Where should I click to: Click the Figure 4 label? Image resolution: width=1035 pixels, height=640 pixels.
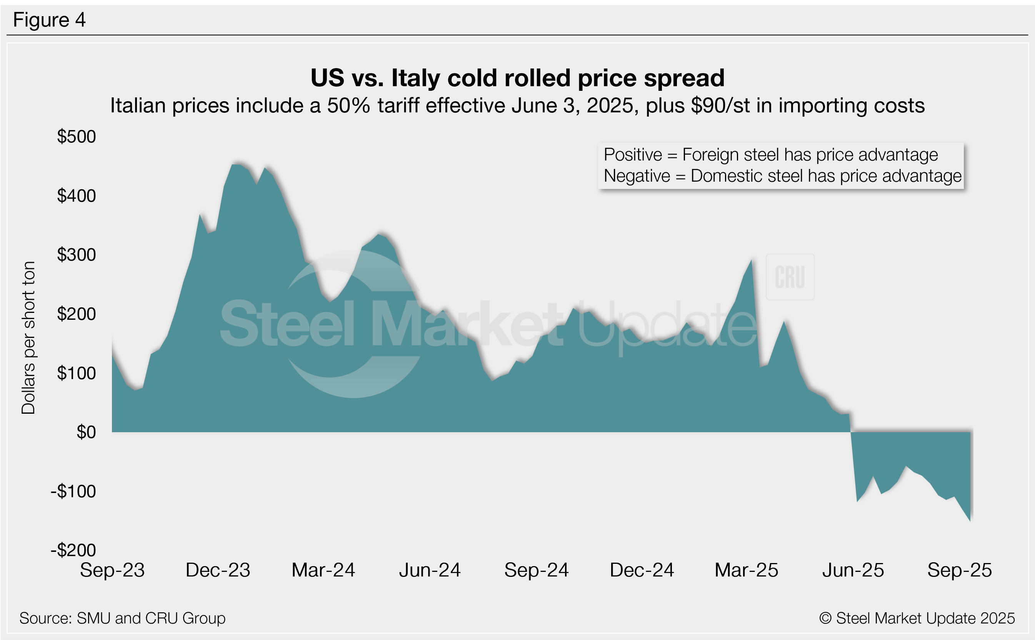click(x=49, y=20)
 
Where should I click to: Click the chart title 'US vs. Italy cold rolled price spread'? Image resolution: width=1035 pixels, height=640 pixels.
click(x=517, y=78)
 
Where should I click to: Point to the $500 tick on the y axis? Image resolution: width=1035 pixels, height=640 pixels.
click(x=77, y=137)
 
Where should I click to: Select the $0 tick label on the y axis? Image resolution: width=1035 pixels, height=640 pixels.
click(x=86, y=432)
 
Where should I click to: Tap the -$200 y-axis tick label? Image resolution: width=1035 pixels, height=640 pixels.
click(x=73, y=550)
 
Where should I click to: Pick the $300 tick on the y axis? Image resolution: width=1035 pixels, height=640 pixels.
click(x=77, y=255)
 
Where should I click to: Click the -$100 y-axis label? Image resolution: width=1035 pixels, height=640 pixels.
click(x=73, y=491)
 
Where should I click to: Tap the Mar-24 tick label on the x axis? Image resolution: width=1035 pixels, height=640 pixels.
click(x=323, y=570)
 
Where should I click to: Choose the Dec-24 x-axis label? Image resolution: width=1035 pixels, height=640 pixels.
click(x=642, y=570)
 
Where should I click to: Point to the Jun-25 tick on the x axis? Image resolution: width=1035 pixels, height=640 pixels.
click(x=853, y=570)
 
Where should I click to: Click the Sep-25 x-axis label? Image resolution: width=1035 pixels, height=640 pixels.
click(x=959, y=570)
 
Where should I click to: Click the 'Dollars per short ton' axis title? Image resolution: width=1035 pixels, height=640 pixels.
click(x=28, y=338)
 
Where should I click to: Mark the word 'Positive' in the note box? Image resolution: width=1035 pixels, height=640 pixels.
click(x=632, y=155)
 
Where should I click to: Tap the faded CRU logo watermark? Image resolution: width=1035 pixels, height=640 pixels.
click(x=790, y=277)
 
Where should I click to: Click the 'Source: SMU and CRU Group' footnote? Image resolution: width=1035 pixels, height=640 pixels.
click(x=122, y=618)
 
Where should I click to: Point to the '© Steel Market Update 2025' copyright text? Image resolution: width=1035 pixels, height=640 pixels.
click(x=917, y=618)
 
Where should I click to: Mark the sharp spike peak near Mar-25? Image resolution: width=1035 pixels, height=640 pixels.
click(x=751, y=260)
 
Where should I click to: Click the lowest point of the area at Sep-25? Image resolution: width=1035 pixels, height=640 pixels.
click(x=970, y=521)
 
